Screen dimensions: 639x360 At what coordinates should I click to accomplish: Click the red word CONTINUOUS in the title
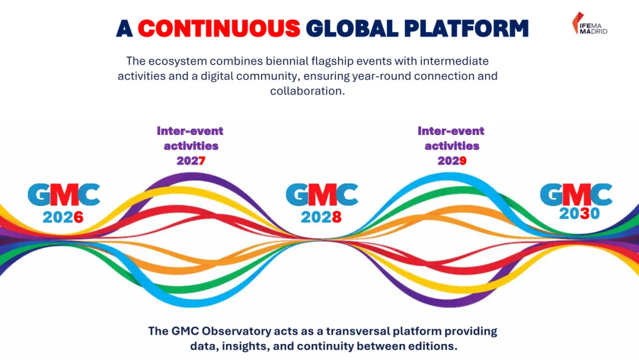(220, 28)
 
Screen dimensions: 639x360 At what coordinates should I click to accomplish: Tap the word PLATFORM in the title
(466, 28)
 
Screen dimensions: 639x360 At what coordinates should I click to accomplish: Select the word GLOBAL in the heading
(352, 28)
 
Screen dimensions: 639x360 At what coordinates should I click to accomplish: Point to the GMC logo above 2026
(64, 194)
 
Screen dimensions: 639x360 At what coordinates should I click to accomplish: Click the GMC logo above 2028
(322, 194)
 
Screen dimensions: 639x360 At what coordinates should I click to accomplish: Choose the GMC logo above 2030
(576, 194)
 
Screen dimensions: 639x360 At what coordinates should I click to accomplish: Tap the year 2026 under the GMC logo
(63, 217)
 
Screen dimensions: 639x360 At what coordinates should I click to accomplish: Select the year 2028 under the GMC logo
(321, 217)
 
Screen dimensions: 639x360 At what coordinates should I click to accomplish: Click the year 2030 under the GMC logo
(579, 213)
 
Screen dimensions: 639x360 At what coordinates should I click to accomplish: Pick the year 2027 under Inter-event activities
(191, 160)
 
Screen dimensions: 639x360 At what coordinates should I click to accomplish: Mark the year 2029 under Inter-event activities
(452, 160)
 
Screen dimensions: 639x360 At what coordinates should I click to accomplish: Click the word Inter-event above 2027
(190, 131)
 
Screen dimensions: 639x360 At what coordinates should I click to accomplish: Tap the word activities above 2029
(452, 146)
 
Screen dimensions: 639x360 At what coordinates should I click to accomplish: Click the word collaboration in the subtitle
(308, 91)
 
